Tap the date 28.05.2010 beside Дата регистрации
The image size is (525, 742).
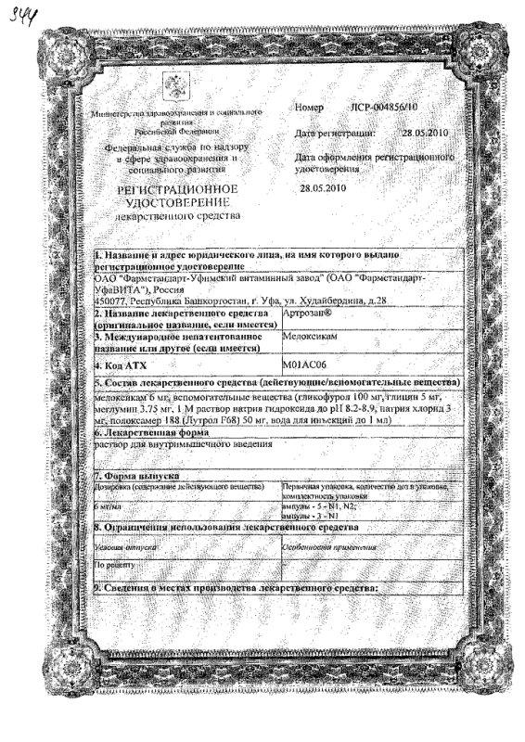(x=424, y=134)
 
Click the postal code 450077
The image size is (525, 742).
(x=115, y=301)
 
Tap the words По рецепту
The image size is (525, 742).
(x=117, y=563)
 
